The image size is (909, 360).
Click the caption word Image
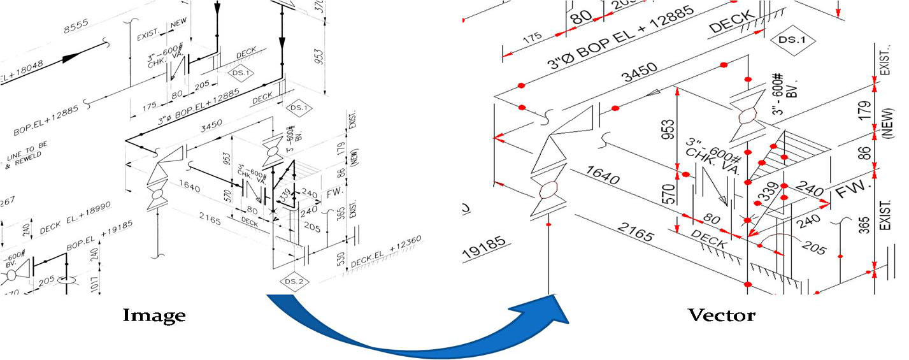154,315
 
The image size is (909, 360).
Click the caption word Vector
721,315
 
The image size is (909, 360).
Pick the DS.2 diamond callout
294,281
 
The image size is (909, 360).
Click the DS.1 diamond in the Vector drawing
792,40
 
